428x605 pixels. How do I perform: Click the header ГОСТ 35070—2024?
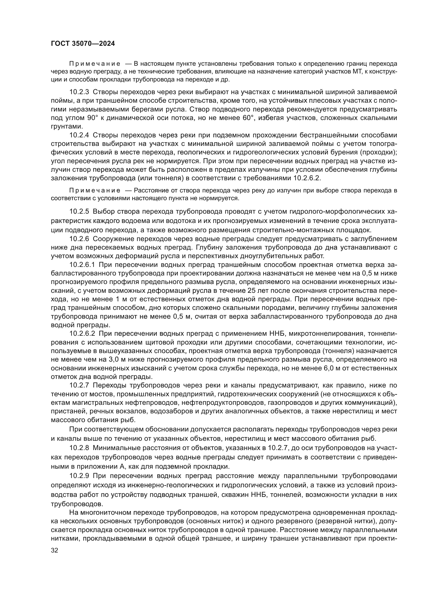[83, 43]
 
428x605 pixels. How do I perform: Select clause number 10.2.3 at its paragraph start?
[79, 92]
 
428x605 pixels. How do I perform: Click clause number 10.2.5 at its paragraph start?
[79, 212]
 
